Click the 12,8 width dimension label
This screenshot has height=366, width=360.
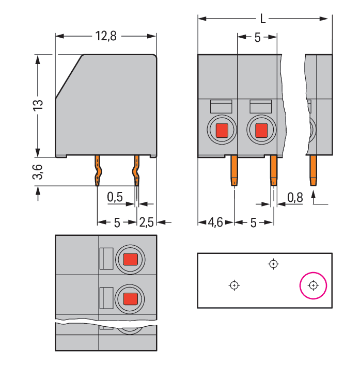click(106, 36)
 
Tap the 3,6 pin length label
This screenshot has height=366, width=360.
click(38, 171)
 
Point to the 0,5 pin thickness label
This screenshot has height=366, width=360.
click(115, 197)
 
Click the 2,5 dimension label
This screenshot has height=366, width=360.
click(147, 222)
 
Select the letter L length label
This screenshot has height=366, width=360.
click(263, 19)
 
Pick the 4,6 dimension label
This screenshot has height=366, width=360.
click(215, 222)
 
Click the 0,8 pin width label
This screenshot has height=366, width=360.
click(295, 198)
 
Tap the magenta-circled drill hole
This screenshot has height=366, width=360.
click(313, 285)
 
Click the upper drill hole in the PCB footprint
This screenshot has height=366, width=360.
click(273, 264)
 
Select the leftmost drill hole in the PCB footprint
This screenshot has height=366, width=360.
click(234, 285)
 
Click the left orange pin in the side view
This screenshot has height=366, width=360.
click(98, 171)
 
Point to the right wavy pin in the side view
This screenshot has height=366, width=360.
click(136, 171)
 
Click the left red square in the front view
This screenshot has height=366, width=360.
click(222, 131)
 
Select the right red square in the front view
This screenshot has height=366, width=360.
click(261, 131)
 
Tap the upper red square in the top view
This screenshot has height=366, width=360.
click(130, 259)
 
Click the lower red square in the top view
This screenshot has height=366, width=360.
click(130, 299)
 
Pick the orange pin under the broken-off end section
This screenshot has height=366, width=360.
click(314, 171)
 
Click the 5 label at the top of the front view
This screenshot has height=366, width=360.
click(257, 37)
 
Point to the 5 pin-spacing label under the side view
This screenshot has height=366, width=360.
click(117, 222)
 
